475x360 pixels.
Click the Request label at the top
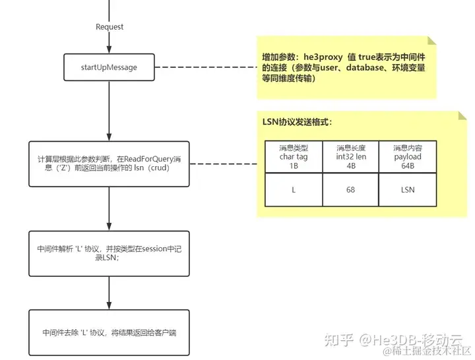(x=109, y=27)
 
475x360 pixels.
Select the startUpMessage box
(x=109, y=67)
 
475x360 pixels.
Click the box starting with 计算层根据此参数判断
(x=109, y=164)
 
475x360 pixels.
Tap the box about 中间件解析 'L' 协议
(x=109, y=254)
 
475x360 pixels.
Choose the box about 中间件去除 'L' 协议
(x=109, y=333)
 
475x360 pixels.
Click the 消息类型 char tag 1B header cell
(x=294, y=157)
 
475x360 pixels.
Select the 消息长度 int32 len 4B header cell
(x=350, y=157)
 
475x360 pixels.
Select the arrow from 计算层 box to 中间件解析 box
(x=109, y=209)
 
